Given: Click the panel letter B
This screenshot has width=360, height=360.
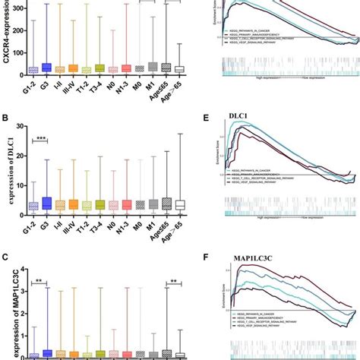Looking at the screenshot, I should tap(6, 119).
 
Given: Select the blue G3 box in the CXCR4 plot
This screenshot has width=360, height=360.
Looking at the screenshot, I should tap(47, 68).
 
